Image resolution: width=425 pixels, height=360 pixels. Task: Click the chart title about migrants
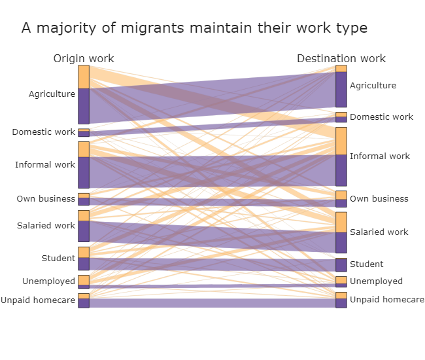click(194, 28)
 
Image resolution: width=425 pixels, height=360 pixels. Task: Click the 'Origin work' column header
click(84, 59)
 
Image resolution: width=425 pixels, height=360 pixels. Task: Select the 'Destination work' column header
click(341, 59)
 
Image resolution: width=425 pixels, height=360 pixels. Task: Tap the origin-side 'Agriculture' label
click(52, 94)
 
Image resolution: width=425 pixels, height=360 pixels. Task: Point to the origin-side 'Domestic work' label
click(44, 132)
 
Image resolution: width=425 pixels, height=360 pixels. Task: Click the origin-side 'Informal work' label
click(45, 165)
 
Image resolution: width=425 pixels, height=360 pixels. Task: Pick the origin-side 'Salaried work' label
click(46, 226)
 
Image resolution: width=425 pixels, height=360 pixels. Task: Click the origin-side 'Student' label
click(58, 259)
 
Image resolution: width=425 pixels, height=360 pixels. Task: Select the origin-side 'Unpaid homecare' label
click(38, 300)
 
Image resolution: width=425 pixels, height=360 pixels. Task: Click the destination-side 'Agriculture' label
click(373, 86)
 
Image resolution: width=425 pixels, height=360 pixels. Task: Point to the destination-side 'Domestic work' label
click(381, 117)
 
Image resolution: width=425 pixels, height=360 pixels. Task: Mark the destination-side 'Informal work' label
click(380, 156)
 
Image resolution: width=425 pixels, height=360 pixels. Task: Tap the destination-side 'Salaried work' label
click(379, 232)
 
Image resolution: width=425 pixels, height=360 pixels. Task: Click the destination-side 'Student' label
click(366, 264)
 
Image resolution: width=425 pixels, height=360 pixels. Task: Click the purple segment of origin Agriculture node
click(84, 106)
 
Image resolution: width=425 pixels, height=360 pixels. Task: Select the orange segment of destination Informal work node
click(341, 141)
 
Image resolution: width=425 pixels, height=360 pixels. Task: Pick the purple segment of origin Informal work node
click(84, 172)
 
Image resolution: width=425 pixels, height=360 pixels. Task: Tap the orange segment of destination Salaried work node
click(341, 222)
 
